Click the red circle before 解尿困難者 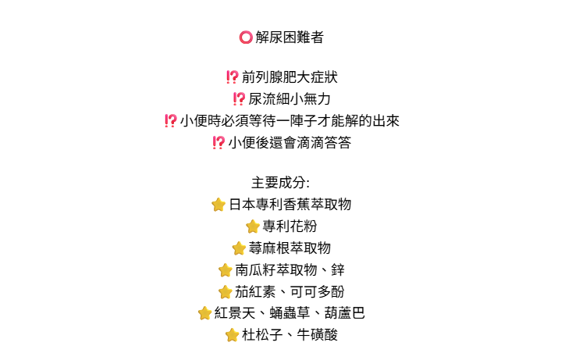(x=245, y=37)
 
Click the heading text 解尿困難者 (x=290, y=37)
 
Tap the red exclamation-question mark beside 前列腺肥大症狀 (x=232, y=77)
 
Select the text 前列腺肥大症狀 (x=290, y=77)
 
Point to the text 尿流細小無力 (x=290, y=99)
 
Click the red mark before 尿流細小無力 (x=239, y=99)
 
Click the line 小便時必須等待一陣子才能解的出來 (x=290, y=121)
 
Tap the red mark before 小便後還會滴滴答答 (x=219, y=143)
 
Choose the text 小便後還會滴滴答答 (x=290, y=143)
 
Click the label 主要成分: (x=281, y=183)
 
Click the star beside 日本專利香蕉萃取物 (x=219, y=205)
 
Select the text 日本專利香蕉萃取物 (x=290, y=205)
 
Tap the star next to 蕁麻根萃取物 (x=239, y=248)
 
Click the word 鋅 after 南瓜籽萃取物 (x=338, y=270)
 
